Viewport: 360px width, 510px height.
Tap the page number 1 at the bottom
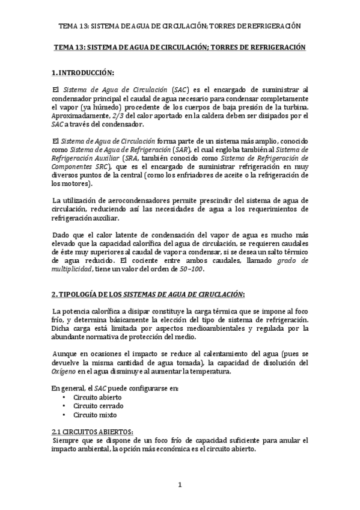(180, 485)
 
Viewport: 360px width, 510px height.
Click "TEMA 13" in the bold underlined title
(68, 47)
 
